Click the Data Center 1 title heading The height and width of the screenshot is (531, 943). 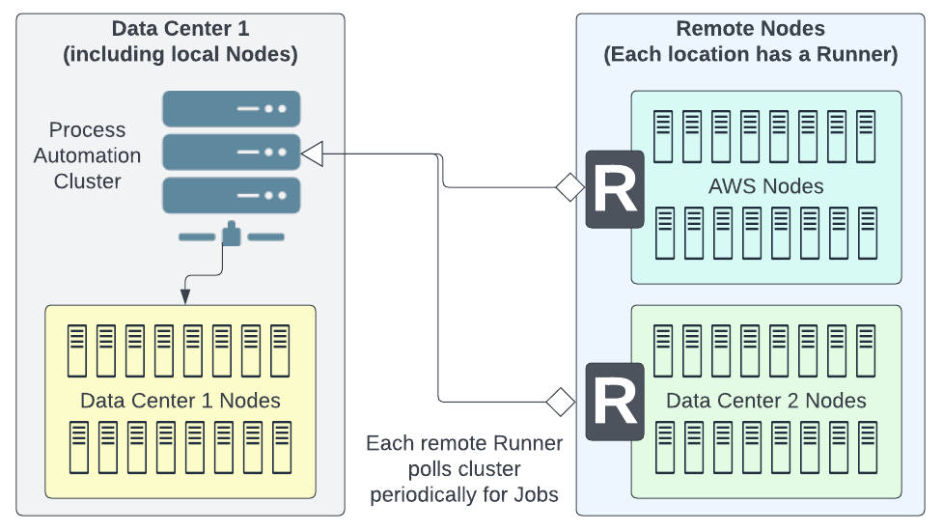click(x=180, y=41)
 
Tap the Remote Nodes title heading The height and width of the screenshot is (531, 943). click(x=751, y=41)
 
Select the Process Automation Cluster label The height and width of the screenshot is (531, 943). click(x=87, y=155)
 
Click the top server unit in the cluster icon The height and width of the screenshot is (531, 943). click(x=232, y=109)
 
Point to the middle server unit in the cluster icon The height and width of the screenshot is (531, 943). click(x=232, y=153)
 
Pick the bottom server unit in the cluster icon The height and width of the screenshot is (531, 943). click(x=232, y=195)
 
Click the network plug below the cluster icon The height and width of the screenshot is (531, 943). click(x=232, y=234)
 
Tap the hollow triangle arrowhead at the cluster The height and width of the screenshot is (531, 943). click(x=312, y=154)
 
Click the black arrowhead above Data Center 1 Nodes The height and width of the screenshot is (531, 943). click(x=185, y=296)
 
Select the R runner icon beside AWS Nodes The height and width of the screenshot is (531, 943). click(x=615, y=189)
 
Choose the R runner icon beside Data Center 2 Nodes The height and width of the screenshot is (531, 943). click(x=615, y=402)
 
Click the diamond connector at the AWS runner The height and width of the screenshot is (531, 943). click(x=569, y=187)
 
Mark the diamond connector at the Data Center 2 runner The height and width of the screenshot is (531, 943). click(x=561, y=402)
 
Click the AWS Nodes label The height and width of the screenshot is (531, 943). click(x=766, y=186)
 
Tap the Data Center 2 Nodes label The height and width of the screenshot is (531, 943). click(x=766, y=401)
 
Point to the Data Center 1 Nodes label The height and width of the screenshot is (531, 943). click(x=180, y=401)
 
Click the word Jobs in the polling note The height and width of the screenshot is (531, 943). click(x=536, y=495)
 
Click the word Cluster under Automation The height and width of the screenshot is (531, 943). click(x=87, y=181)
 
